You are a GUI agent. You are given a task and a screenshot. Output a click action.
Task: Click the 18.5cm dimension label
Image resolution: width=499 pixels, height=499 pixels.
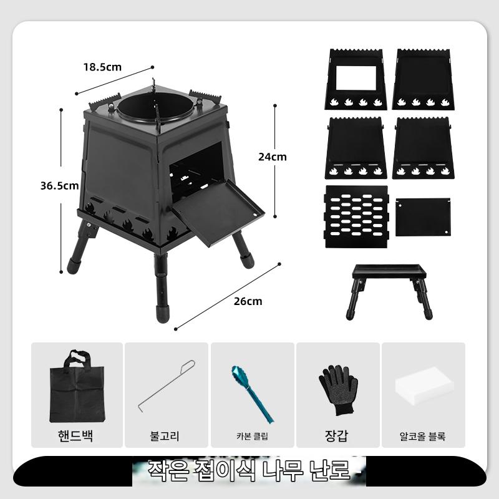click(x=102, y=67)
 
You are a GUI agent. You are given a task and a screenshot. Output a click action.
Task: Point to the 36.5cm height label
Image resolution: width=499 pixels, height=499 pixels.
click(x=59, y=185)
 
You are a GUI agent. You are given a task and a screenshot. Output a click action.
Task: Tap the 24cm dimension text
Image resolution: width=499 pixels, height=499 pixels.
click(x=273, y=157)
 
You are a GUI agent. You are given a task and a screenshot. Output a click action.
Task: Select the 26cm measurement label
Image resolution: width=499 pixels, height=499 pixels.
click(x=248, y=301)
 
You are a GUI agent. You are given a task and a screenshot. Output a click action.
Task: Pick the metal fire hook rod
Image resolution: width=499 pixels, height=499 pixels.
click(x=167, y=385)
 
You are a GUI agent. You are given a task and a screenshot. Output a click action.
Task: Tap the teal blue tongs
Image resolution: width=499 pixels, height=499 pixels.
click(x=253, y=394)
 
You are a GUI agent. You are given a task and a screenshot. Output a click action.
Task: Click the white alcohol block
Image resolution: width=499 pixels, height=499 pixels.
click(x=424, y=385)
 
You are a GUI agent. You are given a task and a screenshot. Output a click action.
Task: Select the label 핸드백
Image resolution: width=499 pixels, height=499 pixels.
click(x=75, y=435)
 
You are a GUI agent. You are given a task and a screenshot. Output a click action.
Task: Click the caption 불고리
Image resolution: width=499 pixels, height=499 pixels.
click(x=165, y=435)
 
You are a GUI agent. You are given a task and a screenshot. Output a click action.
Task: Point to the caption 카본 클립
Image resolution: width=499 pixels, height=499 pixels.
click(x=252, y=436)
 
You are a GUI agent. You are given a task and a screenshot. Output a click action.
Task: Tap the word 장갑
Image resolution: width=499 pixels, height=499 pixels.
click(x=336, y=435)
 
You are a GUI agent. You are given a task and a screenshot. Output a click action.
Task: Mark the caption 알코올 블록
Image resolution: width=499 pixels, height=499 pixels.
click(x=422, y=436)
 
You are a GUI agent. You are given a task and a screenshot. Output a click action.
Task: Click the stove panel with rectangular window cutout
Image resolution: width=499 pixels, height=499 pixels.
click(x=356, y=80)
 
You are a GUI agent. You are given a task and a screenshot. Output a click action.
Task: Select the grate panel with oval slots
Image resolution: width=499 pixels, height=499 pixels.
click(x=356, y=217)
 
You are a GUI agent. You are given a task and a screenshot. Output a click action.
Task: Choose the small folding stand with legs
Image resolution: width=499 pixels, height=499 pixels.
click(x=389, y=291)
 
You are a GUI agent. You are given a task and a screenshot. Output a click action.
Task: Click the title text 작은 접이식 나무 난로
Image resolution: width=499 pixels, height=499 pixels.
click(x=249, y=470)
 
